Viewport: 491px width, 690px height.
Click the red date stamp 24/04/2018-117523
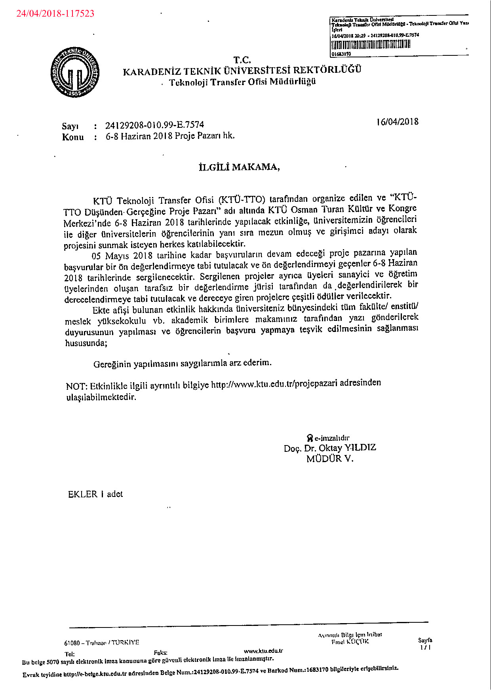55,13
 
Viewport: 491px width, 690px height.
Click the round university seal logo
75,72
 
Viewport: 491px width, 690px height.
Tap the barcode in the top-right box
371,44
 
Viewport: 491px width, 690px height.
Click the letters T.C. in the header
242,60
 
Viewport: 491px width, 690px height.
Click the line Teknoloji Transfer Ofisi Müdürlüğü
242,82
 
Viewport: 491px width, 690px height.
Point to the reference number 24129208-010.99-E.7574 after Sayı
154,125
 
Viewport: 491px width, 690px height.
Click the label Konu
73,137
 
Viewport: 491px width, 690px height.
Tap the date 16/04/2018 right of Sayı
397,121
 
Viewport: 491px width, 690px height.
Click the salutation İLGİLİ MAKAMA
239,167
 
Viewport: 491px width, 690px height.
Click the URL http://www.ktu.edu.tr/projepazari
274,384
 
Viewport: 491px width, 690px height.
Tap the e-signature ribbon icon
310,438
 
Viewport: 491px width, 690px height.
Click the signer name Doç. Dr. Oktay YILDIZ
330,448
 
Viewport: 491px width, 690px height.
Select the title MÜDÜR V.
330,459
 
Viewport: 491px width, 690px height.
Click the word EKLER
83,494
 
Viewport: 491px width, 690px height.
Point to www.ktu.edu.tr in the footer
263,650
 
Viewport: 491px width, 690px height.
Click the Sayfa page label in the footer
425,640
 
